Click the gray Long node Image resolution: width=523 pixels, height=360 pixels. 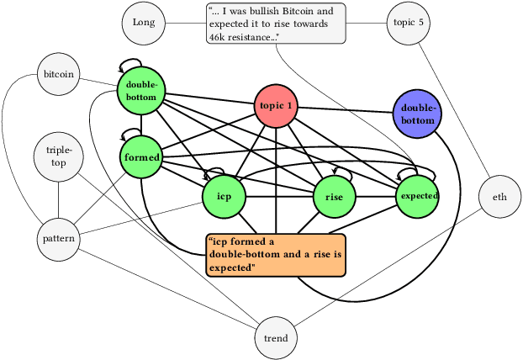pos(143,22)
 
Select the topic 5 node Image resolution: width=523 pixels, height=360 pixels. pos(409,22)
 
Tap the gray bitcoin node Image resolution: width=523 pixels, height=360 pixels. pos(59,74)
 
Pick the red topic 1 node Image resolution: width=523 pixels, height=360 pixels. pos(277,106)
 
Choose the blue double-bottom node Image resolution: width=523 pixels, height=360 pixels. pos(417,114)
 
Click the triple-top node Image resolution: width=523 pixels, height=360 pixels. pos(59,156)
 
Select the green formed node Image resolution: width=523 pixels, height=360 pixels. pos(141,157)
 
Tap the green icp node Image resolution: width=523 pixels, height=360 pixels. pos(224,196)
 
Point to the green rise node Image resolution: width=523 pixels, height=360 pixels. pos(335,196)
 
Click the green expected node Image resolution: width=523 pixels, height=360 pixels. pos(418,195)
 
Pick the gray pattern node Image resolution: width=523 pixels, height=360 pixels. pos(59,239)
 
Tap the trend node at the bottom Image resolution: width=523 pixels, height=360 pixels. pos(276,338)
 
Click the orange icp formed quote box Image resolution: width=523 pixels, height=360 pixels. pos(277,255)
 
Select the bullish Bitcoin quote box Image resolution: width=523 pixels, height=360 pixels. pos(277,24)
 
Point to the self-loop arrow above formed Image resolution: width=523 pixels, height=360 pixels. pos(131,132)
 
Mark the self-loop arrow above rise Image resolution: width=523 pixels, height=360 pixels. pos(336,170)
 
